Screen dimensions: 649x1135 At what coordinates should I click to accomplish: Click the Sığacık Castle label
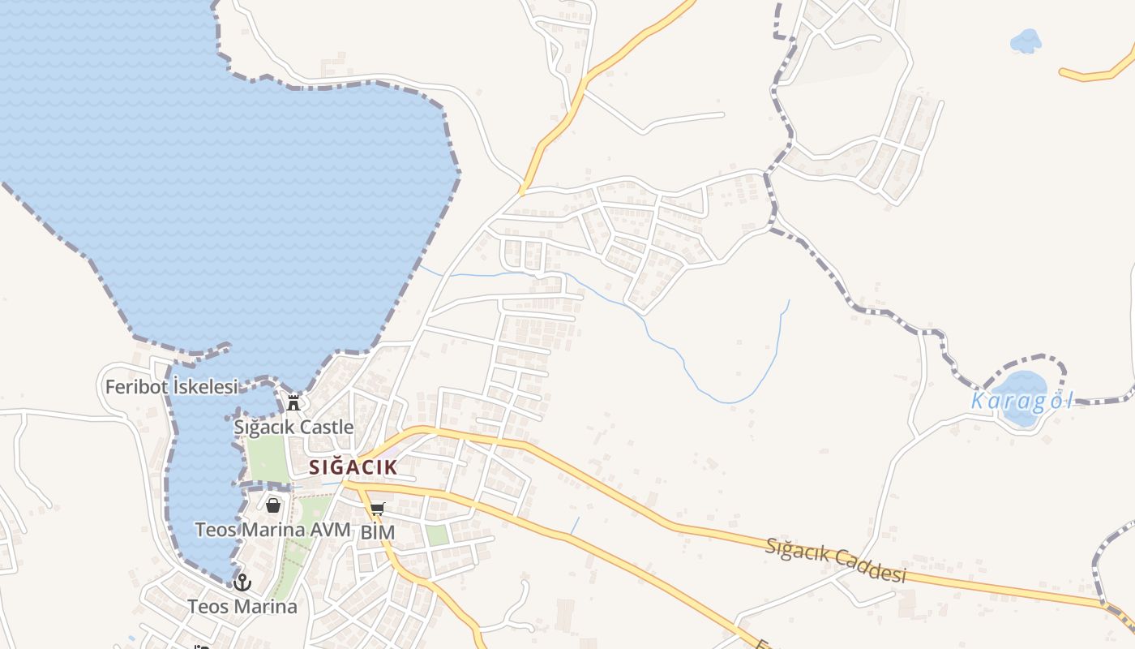tap(293, 427)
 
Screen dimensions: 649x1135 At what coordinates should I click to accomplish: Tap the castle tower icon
tap(293, 402)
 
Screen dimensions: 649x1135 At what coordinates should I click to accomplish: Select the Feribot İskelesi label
tap(171, 387)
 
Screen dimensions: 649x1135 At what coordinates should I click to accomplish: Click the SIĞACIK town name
tap(353, 467)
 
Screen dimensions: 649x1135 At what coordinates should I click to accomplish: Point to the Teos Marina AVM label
tap(272, 530)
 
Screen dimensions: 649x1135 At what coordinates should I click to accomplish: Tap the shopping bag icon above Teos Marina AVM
tap(273, 505)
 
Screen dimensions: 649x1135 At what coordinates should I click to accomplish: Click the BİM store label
tap(377, 532)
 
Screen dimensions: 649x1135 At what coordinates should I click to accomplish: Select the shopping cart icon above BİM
tap(377, 509)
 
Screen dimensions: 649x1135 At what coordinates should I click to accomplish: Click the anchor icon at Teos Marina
tap(242, 582)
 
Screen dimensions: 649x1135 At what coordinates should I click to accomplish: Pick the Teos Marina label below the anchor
tap(242, 606)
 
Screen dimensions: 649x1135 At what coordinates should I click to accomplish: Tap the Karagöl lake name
tap(1021, 401)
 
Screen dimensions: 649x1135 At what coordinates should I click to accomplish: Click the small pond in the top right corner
tap(1026, 40)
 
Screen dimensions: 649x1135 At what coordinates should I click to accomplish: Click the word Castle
tap(326, 427)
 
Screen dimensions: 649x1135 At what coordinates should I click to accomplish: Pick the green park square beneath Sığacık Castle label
tap(268, 459)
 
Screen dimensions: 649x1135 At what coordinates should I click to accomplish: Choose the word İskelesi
tap(206, 387)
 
